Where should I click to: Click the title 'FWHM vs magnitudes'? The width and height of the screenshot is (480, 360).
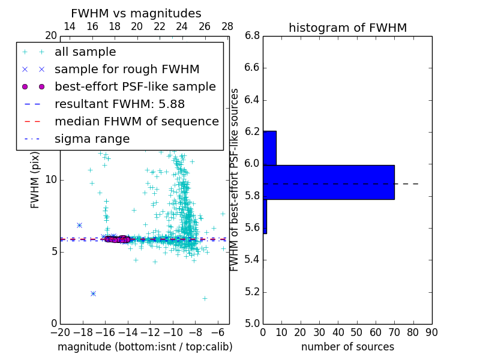[136, 14]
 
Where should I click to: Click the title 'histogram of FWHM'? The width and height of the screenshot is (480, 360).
[347, 28]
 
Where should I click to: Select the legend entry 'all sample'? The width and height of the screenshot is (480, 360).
[85, 52]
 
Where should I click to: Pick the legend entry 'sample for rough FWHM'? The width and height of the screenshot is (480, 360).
[127, 70]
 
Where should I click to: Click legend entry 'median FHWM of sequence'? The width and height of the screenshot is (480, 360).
[136, 121]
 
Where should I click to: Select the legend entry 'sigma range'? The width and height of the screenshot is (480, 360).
[92, 139]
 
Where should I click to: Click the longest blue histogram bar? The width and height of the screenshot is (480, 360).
[329, 182]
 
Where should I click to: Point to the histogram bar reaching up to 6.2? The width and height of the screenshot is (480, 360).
[269, 148]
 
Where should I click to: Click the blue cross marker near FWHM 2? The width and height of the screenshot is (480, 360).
[93, 293]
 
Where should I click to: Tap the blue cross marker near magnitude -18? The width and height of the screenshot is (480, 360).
[79, 225]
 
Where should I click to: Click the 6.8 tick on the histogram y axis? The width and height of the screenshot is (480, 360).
[252, 35]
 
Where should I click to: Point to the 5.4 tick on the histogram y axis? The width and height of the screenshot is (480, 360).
[252, 260]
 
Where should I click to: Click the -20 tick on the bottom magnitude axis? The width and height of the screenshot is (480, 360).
[60, 332]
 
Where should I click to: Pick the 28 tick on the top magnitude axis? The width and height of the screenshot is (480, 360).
[227, 26]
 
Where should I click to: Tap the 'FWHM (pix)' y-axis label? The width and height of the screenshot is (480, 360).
[35, 180]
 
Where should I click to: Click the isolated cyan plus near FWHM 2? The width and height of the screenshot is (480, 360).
[205, 298]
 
